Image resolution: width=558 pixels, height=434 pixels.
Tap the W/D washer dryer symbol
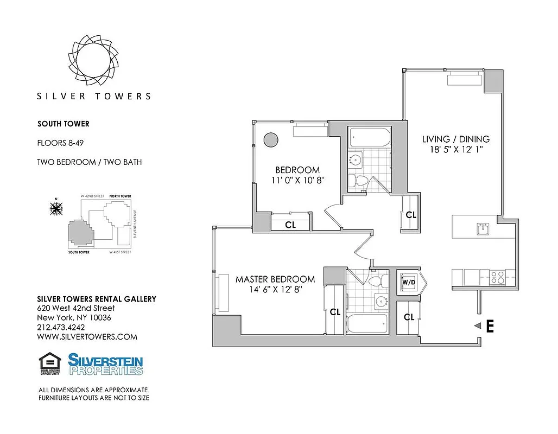pyautogui.click(x=408, y=282)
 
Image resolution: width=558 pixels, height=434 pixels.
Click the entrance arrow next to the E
pyautogui.click(x=478, y=326)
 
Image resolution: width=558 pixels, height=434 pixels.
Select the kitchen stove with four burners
pyautogui.click(x=497, y=277)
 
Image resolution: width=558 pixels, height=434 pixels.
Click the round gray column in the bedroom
pyautogui.click(x=270, y=139)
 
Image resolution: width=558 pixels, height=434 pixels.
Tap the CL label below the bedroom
pyautogui.click(x=290, y=225)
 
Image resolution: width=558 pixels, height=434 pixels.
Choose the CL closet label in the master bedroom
pyautogui.click(x=335, y=312)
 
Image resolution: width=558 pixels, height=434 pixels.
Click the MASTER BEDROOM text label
pyautogui.click(x=275, y=279)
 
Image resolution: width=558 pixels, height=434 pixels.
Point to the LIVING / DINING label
pyautogui.click(x=455, y=139)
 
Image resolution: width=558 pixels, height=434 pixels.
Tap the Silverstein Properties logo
pyautogui.click(x=105, y=364)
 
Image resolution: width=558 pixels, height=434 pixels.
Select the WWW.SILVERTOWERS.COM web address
pyautogui.click(x=87, y=337)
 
